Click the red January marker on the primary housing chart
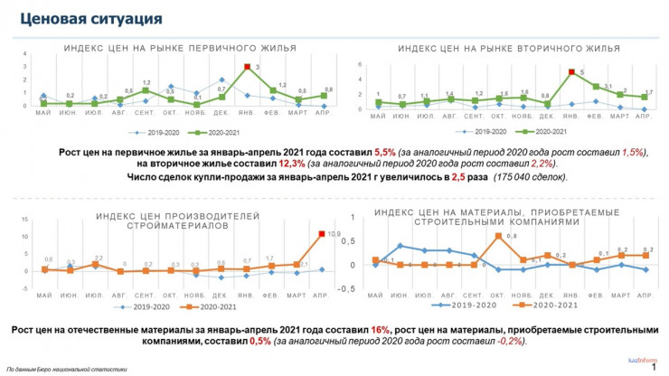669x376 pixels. click(246, 67)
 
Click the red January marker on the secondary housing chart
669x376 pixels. click(571, 72)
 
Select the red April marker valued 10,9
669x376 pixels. click(322, 235)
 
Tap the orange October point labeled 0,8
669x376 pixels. click(498, 236)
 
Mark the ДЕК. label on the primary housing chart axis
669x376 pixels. click(221, 113)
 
